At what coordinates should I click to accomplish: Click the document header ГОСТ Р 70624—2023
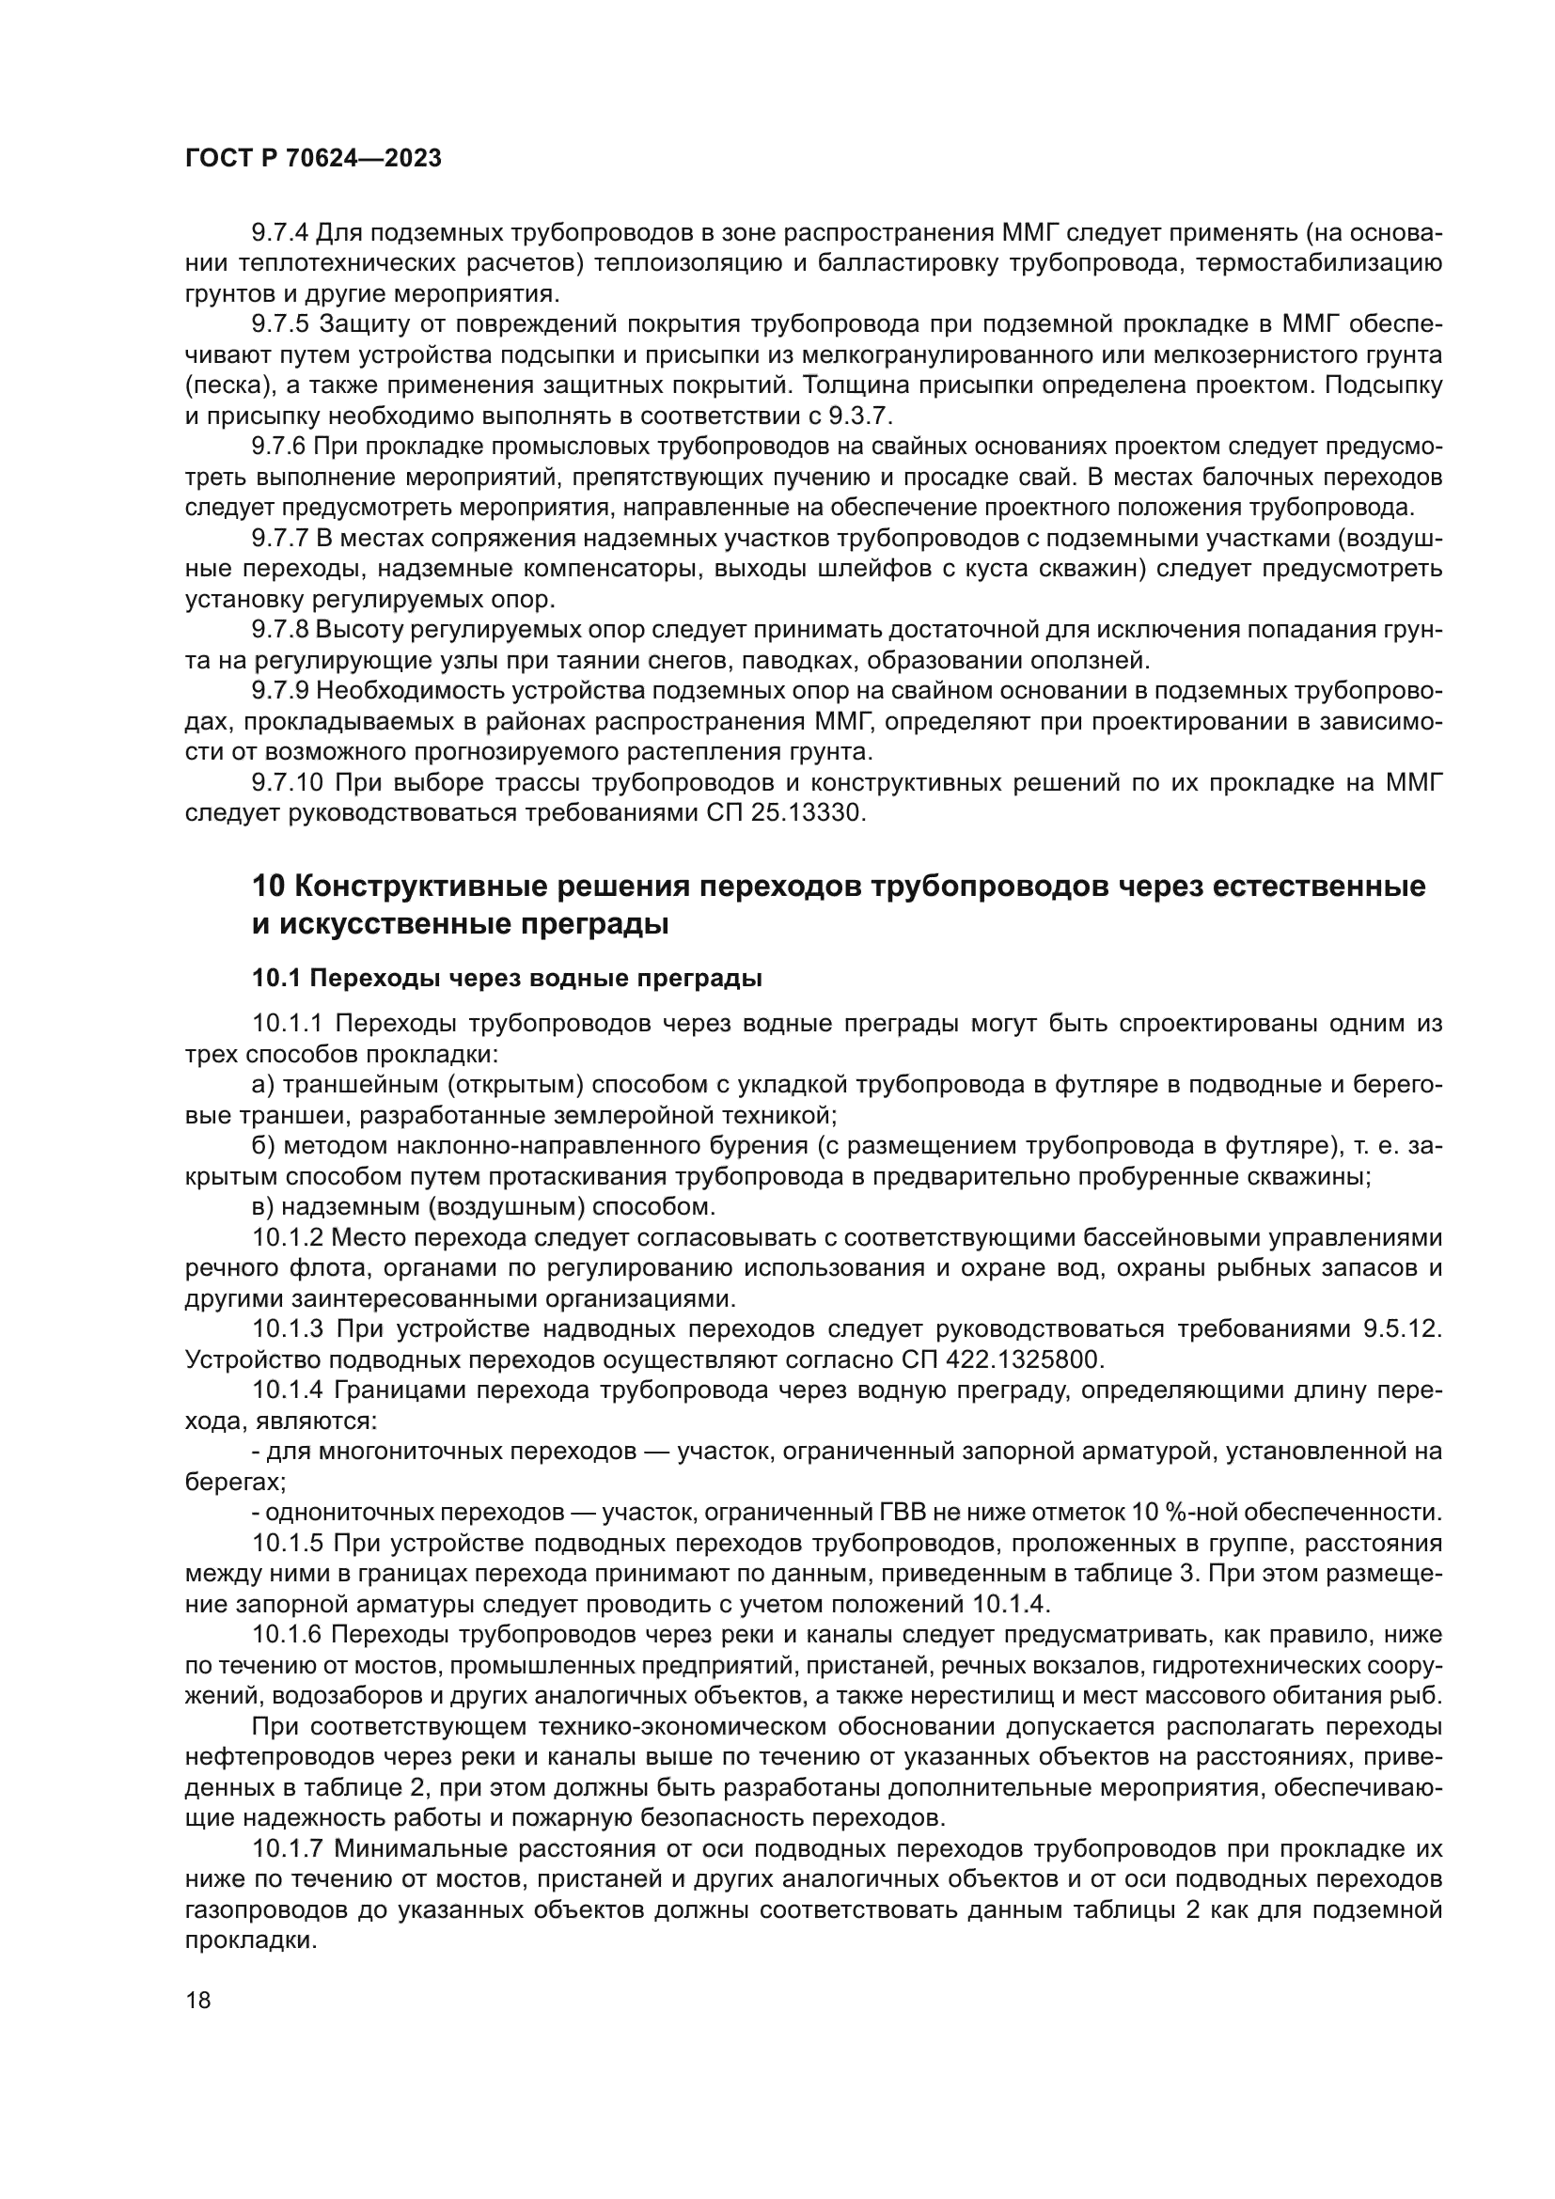coord(313,159)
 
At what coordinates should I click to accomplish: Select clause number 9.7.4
coord(279,233)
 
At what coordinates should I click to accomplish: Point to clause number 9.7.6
coord(279,448)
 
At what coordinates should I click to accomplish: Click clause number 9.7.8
coord(279,630)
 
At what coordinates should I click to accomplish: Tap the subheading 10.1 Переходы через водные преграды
coord(507,978)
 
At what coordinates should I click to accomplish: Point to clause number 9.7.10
coord(287,783)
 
